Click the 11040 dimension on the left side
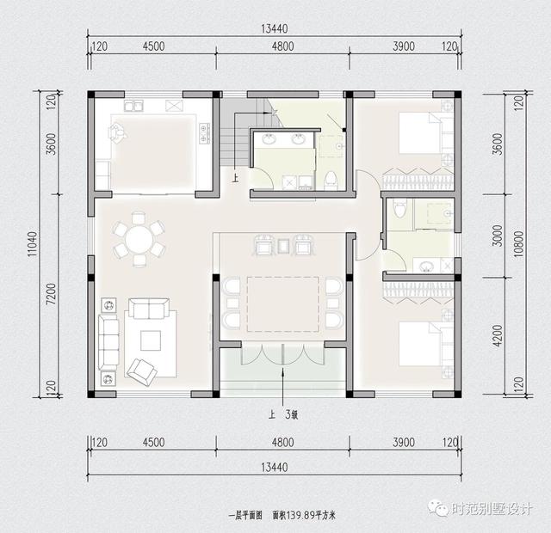click(32, 242)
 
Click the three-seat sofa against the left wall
click(108, 342)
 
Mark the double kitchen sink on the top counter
click(133, 107)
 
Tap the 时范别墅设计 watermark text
click(492, 508)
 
